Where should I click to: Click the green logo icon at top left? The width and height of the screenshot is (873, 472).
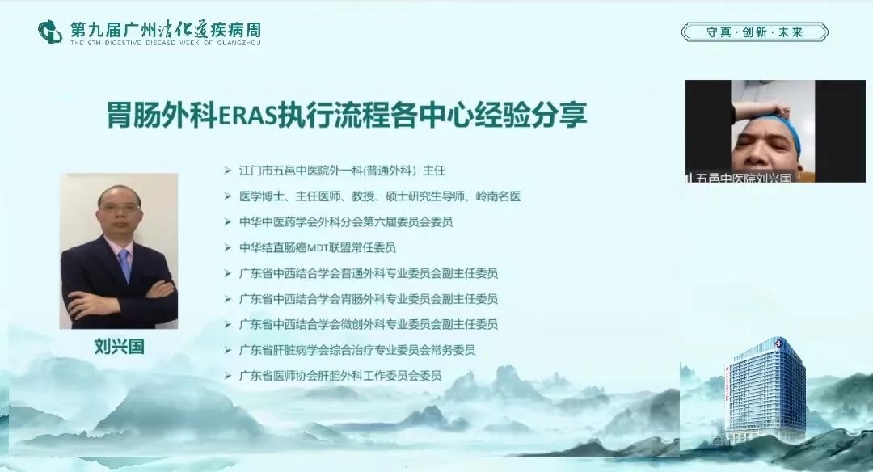point(49,32)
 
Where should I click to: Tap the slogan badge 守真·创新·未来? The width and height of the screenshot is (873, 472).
point(754,32)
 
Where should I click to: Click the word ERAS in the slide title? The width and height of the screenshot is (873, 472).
point(247,116)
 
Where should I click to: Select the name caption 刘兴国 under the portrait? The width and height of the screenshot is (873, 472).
point(119,347)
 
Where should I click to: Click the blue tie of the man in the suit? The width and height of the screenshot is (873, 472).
point(124,265)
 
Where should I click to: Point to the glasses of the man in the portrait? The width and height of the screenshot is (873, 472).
point(120,208)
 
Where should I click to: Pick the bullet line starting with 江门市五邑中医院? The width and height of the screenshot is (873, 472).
point(342,171)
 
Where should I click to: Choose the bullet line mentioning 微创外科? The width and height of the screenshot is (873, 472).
point(368,325)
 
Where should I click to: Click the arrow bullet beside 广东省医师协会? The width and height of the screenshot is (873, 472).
point(228,376)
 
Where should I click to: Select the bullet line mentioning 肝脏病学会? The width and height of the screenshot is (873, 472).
point(357,350)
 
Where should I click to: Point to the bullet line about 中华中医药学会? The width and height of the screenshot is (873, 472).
point(346,222)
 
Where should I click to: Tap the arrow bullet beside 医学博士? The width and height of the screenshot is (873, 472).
point(228,196)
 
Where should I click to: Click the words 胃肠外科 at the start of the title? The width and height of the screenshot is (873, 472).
point(162,116)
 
